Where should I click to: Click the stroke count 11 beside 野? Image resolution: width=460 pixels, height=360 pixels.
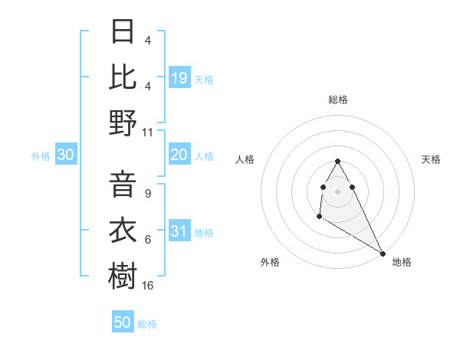148,132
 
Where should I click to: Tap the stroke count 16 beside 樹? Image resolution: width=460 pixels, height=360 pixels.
148,285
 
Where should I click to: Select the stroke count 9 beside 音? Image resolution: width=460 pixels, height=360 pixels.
147,193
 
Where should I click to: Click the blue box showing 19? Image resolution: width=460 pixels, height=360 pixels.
179,78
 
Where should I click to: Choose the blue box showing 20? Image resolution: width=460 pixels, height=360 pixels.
179,155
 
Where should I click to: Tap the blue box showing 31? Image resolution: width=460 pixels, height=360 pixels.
179,232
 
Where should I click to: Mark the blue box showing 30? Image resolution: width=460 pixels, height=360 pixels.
65,155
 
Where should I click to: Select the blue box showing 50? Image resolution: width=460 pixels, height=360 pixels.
123,322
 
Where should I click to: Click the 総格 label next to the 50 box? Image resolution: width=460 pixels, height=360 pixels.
147,324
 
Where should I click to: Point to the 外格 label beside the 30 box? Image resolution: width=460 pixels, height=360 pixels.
41,156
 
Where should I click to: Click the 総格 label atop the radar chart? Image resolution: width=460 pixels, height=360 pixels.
338,100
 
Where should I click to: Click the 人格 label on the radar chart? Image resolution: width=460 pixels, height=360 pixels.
245,159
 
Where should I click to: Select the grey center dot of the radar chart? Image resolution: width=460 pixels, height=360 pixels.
338,191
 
